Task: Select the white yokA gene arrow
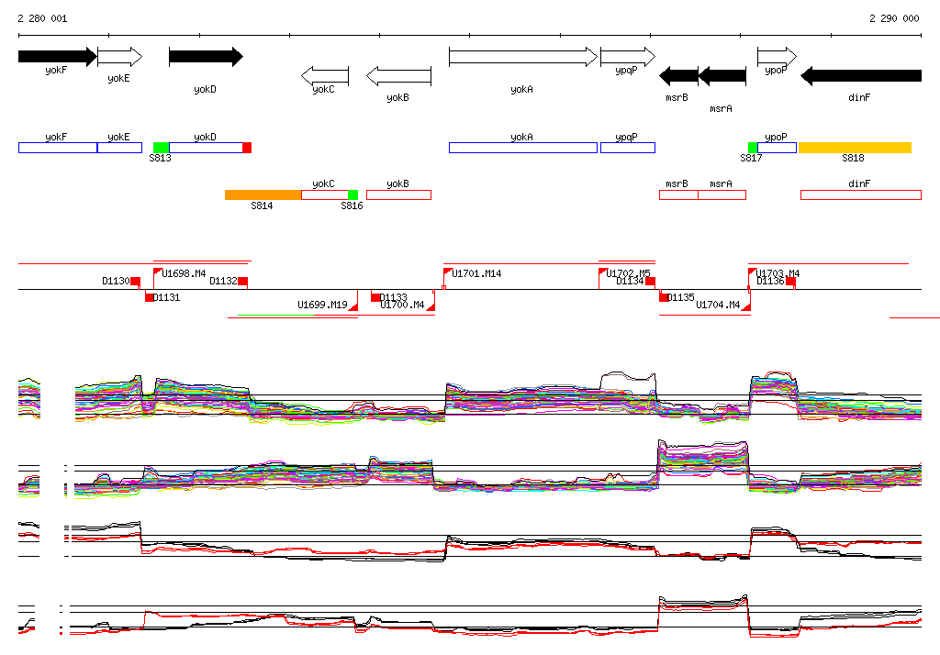coord(522,57)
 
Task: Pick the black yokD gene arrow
coord(206,57)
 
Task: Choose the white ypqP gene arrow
coord(627,57)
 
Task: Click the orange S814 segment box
coord(263,194)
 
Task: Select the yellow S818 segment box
coord(855,148)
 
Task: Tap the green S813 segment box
coord(161,148)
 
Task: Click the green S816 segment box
coord(352,194)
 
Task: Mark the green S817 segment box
coord(753,148)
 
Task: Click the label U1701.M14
coord(476,273)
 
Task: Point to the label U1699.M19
coord(322,305)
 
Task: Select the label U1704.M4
coord(718,305)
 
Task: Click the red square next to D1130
coord(135,281)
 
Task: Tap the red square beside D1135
coord(664,296)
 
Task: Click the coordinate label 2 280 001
coord(42,18)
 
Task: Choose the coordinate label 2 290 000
coord(894,18)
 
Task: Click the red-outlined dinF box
coord(860,194)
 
